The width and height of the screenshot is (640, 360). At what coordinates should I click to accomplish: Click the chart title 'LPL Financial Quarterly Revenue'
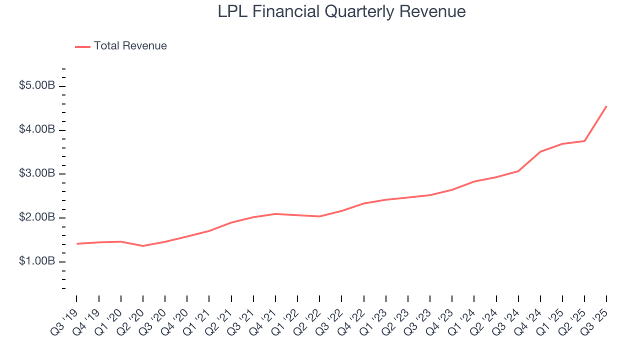pyautogui.click(x=341, y=11)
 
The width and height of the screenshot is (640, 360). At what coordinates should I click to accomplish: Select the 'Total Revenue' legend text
pyautogui.click(x=130, y=46)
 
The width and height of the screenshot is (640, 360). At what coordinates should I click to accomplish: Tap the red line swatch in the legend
pyautogui.click(x=82, y=46)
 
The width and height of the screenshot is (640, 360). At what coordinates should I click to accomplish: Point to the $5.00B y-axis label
pyautogui.click(x=37, y=86)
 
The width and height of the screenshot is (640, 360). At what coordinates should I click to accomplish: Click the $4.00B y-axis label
pyautogui.click(x=37, y=130)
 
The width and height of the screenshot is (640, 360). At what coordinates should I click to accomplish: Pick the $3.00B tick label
pyautogui.click(x=37, y=174)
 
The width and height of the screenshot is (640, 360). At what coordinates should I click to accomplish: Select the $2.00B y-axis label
pyautogui.click(x=37, y=218)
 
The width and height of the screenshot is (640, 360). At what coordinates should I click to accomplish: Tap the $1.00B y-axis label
pyautogui.click(x=37, y=262)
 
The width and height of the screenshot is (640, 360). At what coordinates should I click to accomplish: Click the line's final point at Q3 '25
pyautogui.click(x=606, y=106)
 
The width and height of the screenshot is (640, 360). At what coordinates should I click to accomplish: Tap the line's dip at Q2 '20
pyautogui.click(x=143, y=246)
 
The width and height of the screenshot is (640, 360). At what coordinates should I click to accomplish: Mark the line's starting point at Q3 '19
pyautogui.click(x=77, y=243)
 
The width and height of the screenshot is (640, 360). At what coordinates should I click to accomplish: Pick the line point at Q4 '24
pyautogui.click(x=540, y=151)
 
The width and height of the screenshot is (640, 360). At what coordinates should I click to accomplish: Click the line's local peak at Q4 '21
pyautogui.click(x=275, y=214)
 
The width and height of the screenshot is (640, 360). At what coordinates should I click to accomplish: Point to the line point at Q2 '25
pyautogui.click(x=584, y=141)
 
